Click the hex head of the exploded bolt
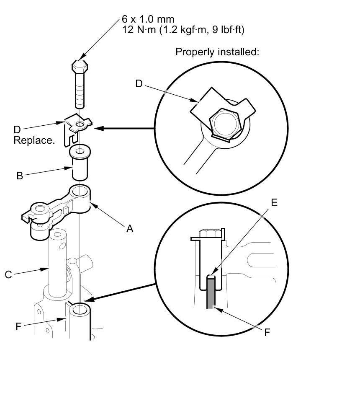point(79,67)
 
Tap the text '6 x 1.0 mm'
point(148,19)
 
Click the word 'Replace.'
point(34,140)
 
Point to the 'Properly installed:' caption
point(217,52)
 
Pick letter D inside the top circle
point(139,84)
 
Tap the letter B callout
point(20,176)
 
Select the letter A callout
point(130,228)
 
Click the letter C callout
point(8,275)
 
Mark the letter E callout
point(274,202)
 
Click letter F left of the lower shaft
point(18,326)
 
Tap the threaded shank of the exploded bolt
point(80,90)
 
